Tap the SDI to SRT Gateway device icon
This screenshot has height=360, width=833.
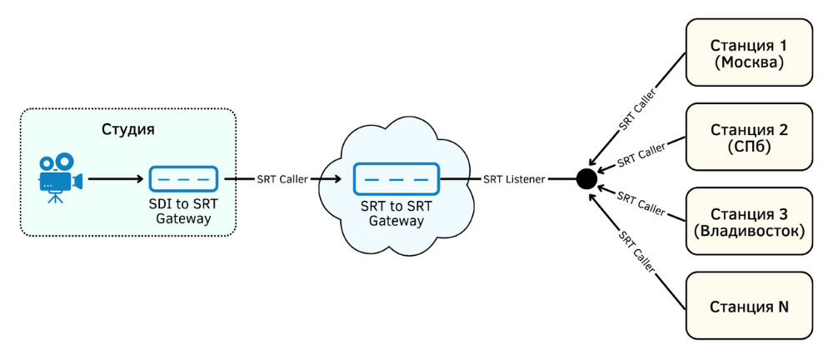click(183, 178)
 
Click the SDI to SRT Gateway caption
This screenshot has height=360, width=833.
click(183, 212)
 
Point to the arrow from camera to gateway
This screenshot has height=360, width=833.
click(117, 178)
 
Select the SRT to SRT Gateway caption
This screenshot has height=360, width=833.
click(397, 214)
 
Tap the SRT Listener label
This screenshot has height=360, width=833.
click(514, 178)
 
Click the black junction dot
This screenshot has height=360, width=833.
click(586, 177)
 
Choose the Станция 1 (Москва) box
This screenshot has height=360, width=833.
click(748, 52)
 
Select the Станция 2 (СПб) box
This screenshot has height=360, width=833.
click(748, 137)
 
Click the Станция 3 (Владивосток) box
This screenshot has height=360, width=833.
click(748, 221)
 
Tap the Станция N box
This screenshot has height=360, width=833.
click(748, 307)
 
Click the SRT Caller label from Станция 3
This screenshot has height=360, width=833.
click(641, 202)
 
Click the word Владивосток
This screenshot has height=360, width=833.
click(748, 231)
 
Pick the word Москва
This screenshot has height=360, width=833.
click(748, 62)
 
